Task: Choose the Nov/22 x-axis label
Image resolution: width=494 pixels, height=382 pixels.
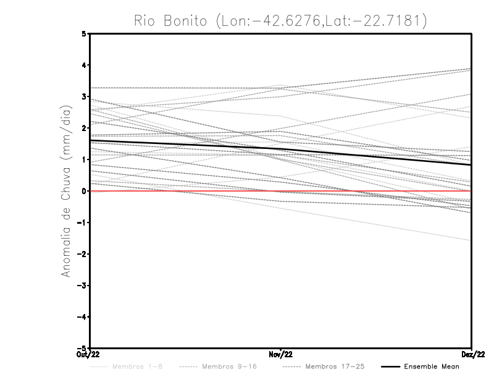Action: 281,354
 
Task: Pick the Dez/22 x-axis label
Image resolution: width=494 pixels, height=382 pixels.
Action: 472,354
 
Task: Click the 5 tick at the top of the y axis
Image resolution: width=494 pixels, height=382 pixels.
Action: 84,33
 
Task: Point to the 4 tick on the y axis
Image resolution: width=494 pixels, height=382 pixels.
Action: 84,65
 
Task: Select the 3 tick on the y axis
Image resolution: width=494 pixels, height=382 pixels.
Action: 84,96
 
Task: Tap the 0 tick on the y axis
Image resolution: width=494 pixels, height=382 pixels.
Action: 84,191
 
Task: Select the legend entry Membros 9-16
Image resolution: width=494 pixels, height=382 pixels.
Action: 229,367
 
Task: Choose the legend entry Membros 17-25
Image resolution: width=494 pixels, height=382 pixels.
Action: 335,367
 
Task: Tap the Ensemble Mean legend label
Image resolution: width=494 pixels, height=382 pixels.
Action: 432,367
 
